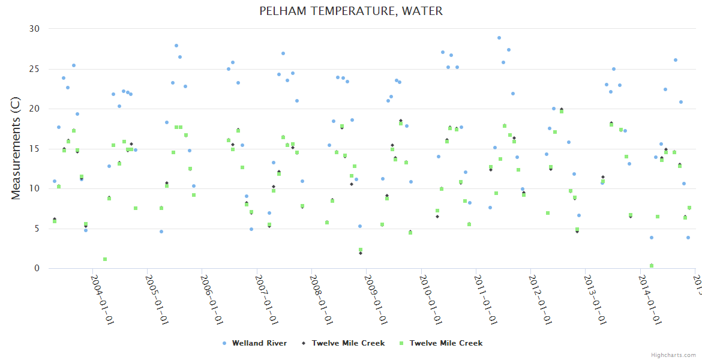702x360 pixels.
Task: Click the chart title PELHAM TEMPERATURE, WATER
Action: point(351,11)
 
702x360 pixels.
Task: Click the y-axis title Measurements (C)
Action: point(16,148)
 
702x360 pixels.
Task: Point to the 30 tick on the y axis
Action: point(34,29)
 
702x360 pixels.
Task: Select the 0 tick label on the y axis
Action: point(37,269)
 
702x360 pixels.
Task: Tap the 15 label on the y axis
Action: point(34,149)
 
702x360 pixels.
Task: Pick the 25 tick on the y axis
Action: point(34,69)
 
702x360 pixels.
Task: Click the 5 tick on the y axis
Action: point(37,229)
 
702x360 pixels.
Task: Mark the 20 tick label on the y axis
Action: point(34,109)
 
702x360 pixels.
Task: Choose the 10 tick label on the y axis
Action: point(34,188)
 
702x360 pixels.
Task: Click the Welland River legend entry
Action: point(259,343)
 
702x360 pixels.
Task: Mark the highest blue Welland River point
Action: point(499,38)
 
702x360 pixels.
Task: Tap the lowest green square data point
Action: point(652,265)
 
